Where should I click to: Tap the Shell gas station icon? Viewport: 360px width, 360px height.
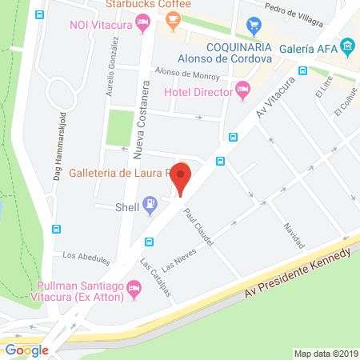click(x=149, y=204)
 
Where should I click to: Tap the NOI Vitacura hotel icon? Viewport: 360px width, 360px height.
click(x=143, y=26)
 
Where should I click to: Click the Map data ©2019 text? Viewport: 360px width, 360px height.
click(x=324, y=353)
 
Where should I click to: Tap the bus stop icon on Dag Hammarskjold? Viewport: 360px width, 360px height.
click(x=56, y=228)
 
